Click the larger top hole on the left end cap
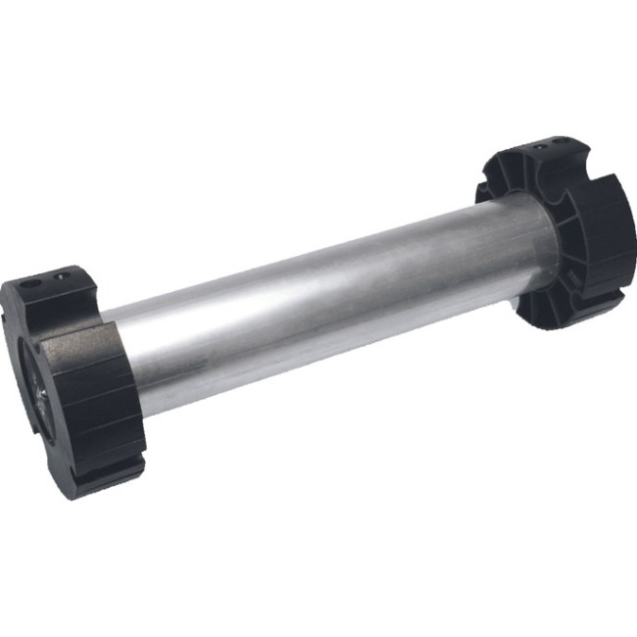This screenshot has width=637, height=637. point(31,283)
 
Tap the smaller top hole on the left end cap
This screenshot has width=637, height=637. point(65,274)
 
